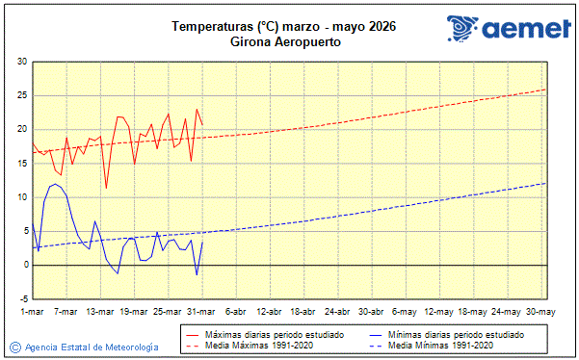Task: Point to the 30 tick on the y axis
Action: point(21,63)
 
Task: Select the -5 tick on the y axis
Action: point(21,298)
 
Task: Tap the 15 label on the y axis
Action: point(21,164)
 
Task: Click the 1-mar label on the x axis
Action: point(32,312)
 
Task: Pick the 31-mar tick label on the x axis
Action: point(201,312)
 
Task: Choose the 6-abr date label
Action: point(235,312)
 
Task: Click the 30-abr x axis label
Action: point(371,312)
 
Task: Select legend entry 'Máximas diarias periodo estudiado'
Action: point(271,335)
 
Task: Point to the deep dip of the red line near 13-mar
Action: point(106,188)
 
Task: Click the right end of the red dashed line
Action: point(545,90)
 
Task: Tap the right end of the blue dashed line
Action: point(545,183)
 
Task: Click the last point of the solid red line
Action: point(202,124)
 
